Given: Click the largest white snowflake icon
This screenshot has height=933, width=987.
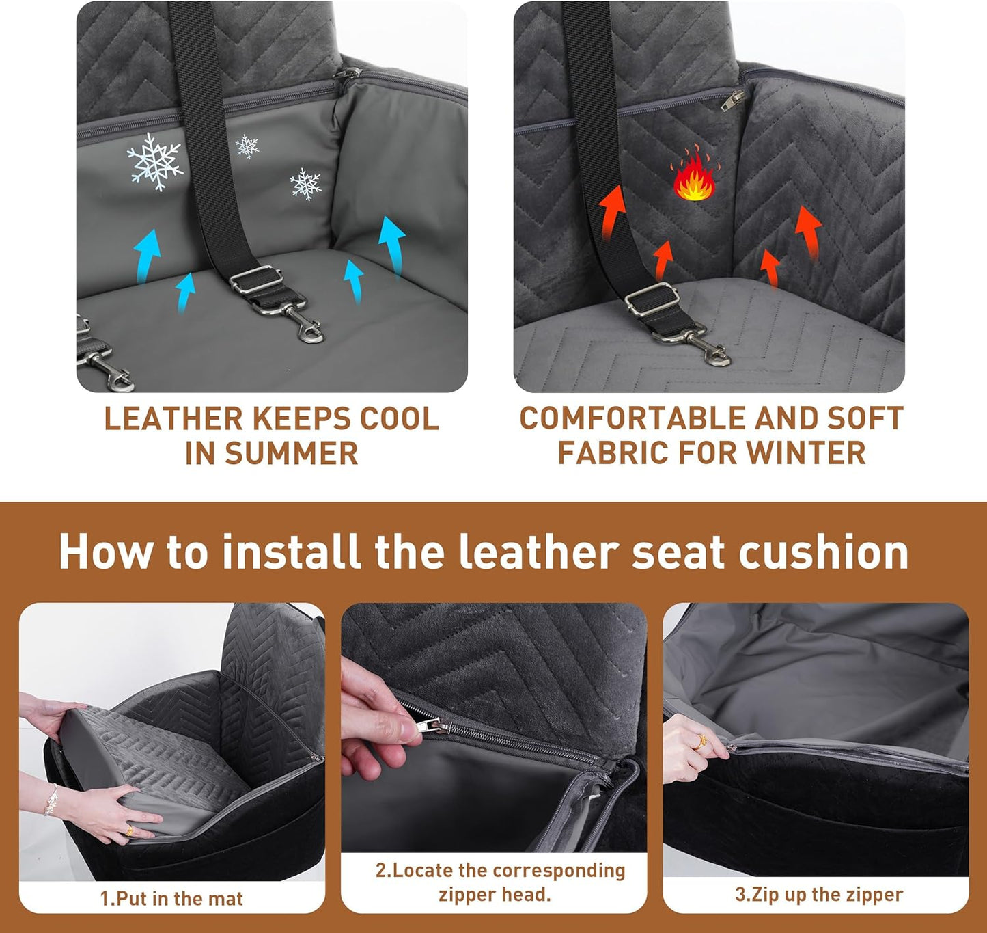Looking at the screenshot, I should coord(155,161).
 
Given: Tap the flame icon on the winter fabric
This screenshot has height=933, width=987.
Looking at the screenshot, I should coord(694,176).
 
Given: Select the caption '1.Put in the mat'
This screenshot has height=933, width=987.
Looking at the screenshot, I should coord(171,898).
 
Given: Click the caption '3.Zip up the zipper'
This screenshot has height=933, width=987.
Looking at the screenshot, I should coord(819,895).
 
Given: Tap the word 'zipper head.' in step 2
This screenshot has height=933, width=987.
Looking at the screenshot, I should coord(495,895).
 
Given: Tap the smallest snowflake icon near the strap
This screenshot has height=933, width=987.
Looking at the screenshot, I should coord(247,146).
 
